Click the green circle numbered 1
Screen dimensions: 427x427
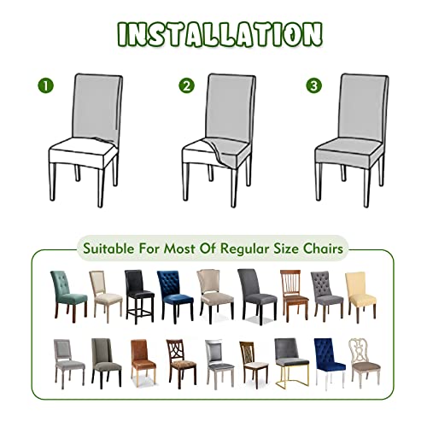pos(46,85)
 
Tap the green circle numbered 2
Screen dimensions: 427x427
pos(187,85)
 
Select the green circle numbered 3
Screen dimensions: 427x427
pos(314,85)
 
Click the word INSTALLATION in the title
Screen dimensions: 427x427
pos(220,34)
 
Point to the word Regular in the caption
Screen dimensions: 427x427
pos(244,249)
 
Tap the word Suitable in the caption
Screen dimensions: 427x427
pos(108,249)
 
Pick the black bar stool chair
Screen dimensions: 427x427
pos(139,297)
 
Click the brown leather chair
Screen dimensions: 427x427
pos(143,361)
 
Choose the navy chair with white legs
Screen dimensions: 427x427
pos(330,362)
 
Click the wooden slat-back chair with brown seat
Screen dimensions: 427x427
pos(295,295)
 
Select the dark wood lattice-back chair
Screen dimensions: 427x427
pos(181,361)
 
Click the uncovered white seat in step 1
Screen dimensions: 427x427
pos(83,151)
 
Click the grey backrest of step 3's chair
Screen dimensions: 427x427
pos(365,108)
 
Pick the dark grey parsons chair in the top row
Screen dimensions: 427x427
pos(257,296)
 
